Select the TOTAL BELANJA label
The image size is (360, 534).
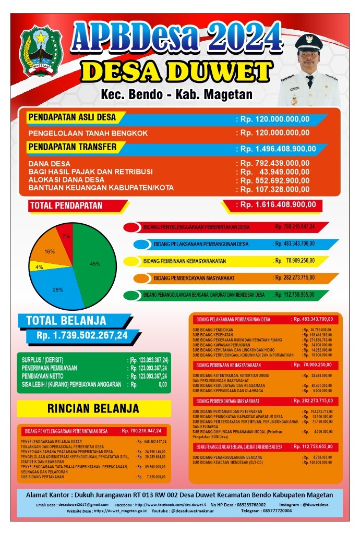66,320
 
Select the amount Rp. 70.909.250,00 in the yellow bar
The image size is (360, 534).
294,260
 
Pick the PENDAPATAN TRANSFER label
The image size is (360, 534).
72,147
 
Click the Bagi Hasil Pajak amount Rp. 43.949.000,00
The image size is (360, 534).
277,172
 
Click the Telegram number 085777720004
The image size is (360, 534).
274,511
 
